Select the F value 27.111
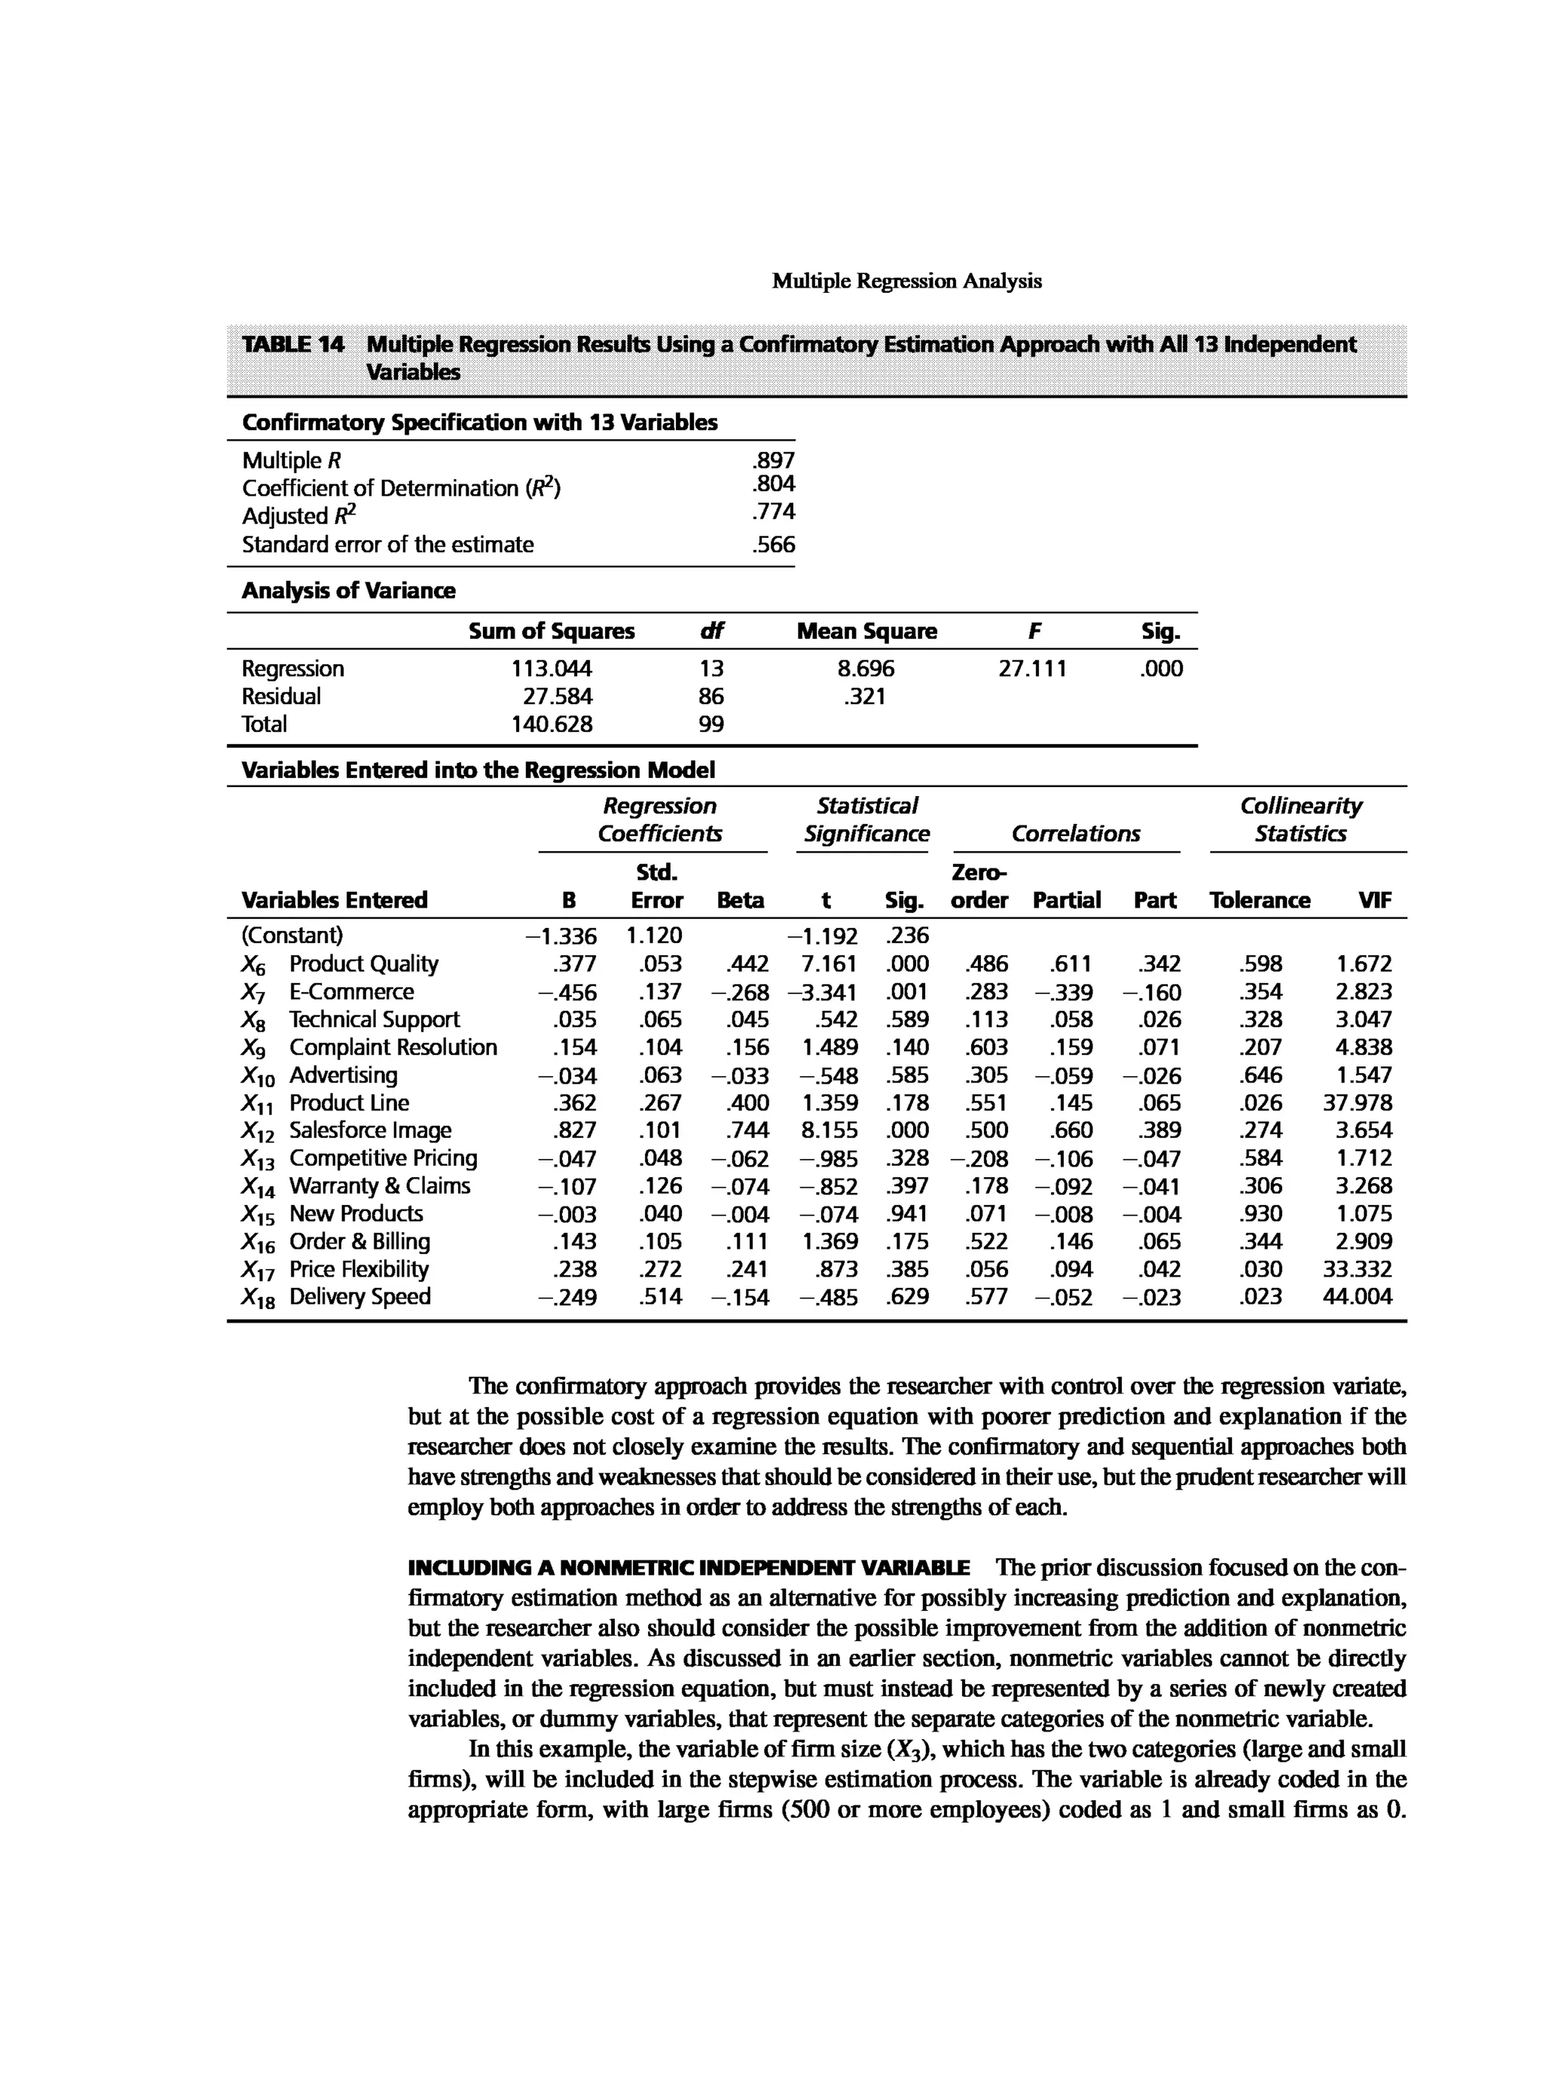pos(1032,669)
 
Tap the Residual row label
pos(280,697)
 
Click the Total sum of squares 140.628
pos(551,725)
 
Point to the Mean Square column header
pos(866,631)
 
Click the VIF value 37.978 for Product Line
pos(1357,1103)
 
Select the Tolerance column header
pos(1259,900)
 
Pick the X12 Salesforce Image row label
pos(347,1130)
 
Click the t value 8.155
pos(830,1130)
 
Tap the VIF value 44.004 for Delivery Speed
pos(1357,1297)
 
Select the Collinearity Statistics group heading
pos(1300,820)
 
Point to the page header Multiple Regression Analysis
pos(906,281)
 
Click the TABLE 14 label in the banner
pos(292,344)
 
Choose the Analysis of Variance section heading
pos(348,590)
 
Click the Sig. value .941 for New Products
pos(906,1214)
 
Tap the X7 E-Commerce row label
pos(327,992)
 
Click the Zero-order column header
pos(979,886)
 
